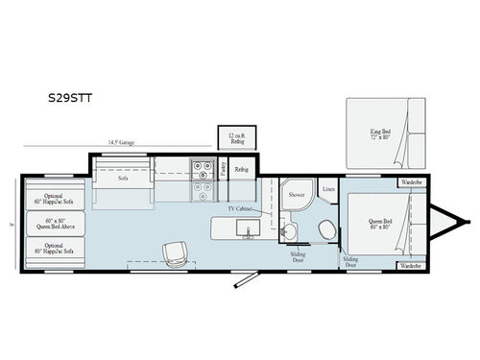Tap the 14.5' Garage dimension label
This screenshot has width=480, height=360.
click(x=121, y=142)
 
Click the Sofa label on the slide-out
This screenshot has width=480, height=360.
click(x=123, y=178)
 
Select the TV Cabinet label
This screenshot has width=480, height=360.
click(x=242, y=208)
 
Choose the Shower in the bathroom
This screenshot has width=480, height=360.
click(x=296, y=195)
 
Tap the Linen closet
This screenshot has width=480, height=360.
click(x=328, y=189)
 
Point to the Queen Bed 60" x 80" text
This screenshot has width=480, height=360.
click(x=380, y=226)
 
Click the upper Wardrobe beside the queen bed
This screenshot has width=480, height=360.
click(x=410, y=181)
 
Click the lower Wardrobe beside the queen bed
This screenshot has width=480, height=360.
click(x=410, y=265)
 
